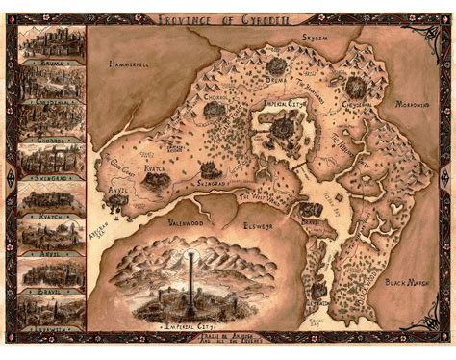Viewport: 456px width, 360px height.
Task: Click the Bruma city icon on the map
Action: (x=277, y=65)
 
